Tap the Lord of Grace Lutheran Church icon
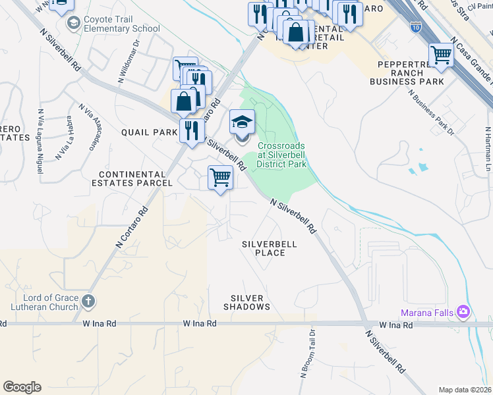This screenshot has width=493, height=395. tap(89, 302)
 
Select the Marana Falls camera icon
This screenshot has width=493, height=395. tap(463, 311)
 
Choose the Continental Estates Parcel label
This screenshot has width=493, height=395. tap(135, 178)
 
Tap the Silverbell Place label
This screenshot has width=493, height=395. tap(269, 248)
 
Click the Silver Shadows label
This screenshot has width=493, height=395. tap(247, 302)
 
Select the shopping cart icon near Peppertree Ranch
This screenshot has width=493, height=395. tap(440, 55)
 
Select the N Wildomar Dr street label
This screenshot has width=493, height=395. tap(130, 61)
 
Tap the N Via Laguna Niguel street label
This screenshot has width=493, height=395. tap(41, 142)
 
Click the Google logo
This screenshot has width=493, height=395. tap(22, 386)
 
